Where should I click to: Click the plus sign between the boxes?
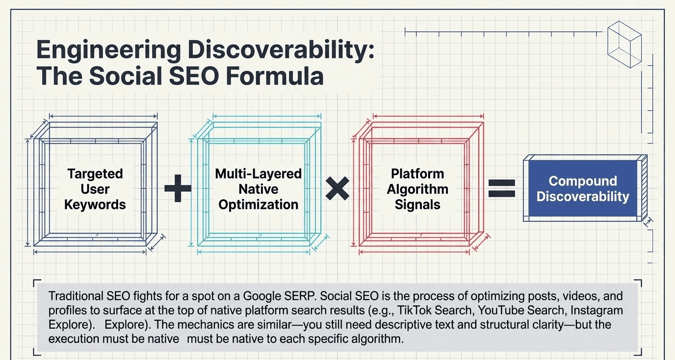[x=178, y=189]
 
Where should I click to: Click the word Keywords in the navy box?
[x=95, y=205]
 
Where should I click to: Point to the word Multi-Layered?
[x=259, y=174]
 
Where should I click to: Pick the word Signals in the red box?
[x=417, y=205]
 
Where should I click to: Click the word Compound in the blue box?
[x=583, y=181]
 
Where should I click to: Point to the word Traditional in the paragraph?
[x=75, y=296]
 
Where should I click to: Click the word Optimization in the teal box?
[x=259, y=205]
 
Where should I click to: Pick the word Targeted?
[x=95, y=174]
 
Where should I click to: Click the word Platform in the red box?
[x=417, y=174]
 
